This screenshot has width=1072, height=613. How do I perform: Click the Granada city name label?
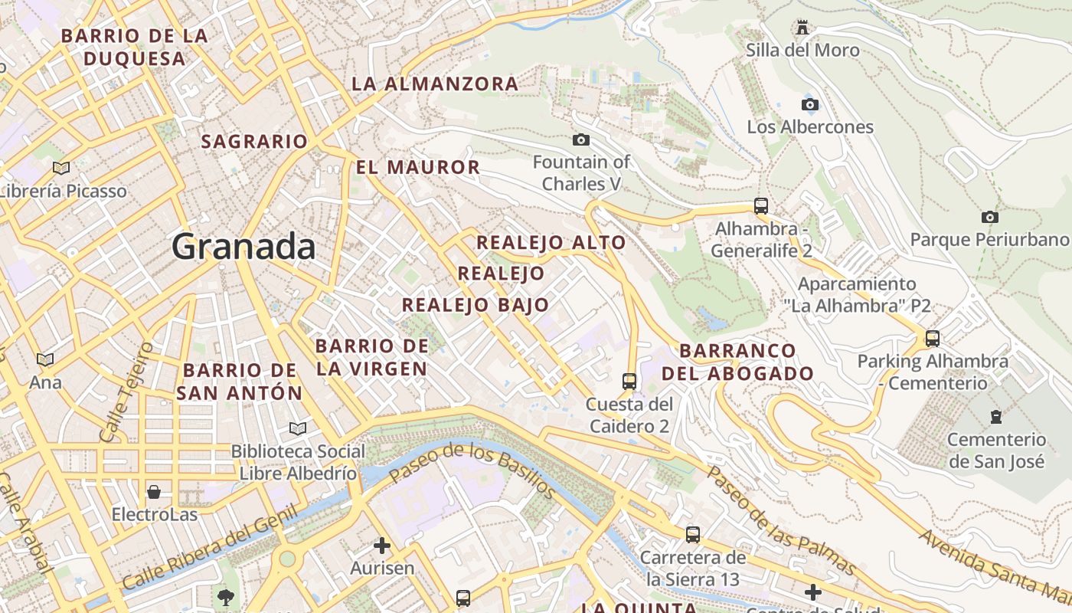point(243,247)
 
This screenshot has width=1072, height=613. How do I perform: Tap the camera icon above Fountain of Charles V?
point(581,139)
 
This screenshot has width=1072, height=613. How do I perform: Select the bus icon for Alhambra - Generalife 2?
point(760,205)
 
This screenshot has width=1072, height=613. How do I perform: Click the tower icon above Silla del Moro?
point(802,28)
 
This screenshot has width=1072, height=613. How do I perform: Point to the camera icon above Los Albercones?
point(809,104)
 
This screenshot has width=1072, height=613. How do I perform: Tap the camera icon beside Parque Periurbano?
point(989,217)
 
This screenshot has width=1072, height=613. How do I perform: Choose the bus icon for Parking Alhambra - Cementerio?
point(932,338)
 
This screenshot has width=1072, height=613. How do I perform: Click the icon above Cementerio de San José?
point(995,417)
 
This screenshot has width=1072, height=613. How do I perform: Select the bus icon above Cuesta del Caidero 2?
point(629,381)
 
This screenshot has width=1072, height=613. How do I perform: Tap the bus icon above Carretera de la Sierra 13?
point(693,534)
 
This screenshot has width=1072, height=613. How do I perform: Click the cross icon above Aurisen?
point(381,546)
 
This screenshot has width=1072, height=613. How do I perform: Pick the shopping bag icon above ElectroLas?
point(154,491)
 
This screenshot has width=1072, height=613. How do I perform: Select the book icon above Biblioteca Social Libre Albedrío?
point(297,428)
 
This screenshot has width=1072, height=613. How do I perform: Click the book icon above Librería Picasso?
point(61,168)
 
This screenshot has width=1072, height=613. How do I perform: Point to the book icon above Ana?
point(45,359)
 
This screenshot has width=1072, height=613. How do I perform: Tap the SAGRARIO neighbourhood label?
point(253,142)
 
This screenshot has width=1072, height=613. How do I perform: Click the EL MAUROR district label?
point(418,167)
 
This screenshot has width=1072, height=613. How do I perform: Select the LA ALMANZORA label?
point(435,84)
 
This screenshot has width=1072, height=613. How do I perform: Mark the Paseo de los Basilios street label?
point(472,468)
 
